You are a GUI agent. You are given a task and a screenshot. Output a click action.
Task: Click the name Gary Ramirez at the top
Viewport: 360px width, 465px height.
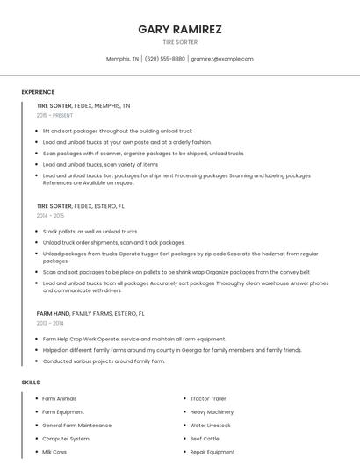click(180, 29)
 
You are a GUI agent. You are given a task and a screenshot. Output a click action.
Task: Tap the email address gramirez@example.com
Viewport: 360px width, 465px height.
click(222, 59)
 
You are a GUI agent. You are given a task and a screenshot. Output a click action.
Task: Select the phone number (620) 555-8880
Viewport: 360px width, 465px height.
click(165, 59)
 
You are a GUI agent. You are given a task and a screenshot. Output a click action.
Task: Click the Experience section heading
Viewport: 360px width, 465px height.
click(38, 92)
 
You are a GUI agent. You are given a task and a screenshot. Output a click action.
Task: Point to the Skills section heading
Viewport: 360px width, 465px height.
click(31, 383)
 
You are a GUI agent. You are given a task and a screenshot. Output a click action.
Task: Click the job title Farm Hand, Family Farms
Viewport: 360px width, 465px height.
click(90, 313)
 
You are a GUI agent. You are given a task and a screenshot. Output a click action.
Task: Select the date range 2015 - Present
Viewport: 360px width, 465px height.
click(54, 115)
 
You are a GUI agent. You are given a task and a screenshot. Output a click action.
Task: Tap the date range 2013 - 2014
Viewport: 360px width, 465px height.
click(50, 323)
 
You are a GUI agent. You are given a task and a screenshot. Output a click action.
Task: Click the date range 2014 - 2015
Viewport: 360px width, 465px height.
click(50, 215)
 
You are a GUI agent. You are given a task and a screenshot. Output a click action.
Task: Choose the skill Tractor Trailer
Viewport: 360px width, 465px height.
click(208, 399)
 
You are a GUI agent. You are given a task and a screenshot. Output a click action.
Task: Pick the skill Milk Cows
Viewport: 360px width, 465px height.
click(54, 452)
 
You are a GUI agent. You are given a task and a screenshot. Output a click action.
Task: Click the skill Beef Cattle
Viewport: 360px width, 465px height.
click(205, 439)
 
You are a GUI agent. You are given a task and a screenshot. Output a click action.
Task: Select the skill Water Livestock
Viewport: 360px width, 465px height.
click(210, 426)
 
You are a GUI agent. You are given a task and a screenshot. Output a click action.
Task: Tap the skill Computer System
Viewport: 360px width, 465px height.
click(66, 439)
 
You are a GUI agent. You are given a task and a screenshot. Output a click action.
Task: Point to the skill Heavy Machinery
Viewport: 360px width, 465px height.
click(212, 412)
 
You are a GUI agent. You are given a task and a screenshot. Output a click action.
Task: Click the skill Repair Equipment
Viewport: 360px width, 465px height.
click(212, 452)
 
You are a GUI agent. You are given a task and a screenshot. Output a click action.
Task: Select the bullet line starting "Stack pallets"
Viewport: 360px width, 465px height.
click(90, 232)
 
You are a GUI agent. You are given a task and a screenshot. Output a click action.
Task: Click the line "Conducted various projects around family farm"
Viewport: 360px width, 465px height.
click(104, 361)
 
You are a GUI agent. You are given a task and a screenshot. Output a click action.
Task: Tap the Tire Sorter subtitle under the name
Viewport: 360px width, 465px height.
click(180, 42)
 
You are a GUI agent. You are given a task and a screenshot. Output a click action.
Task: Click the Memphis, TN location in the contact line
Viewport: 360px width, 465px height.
click(122, 59)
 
